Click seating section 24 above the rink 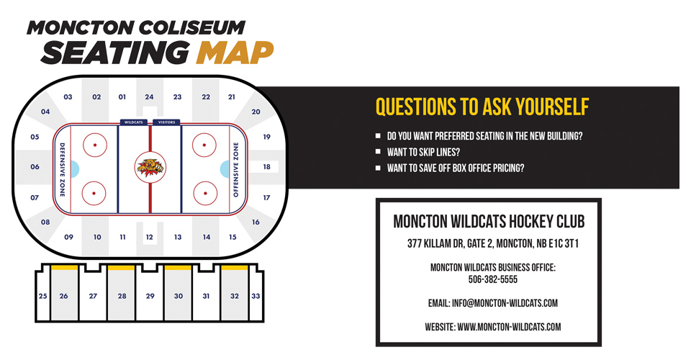(x=149, y=96)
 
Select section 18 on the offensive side (x=266, y=167)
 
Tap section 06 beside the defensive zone (x=35, y=167)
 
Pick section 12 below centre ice (x=149, y=237)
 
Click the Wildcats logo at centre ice (x=150, y=167)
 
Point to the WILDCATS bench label (x=133, y=122)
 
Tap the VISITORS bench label (x=166, y=122)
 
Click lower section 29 (x=150, y=296)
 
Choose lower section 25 (x=42, y=296)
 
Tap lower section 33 (x=256, y=296)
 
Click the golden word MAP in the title (x=235, y=51)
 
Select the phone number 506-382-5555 (x=493, y=279)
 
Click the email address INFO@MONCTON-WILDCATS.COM (x=493, y=303)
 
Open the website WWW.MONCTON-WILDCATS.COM (x=493, y=327)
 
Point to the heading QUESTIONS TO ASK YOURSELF (x=482, y=107)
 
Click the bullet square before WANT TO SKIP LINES (x=379, y=152)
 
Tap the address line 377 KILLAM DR (x=493, y=244)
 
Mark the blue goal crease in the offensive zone (x=225, y=168)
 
